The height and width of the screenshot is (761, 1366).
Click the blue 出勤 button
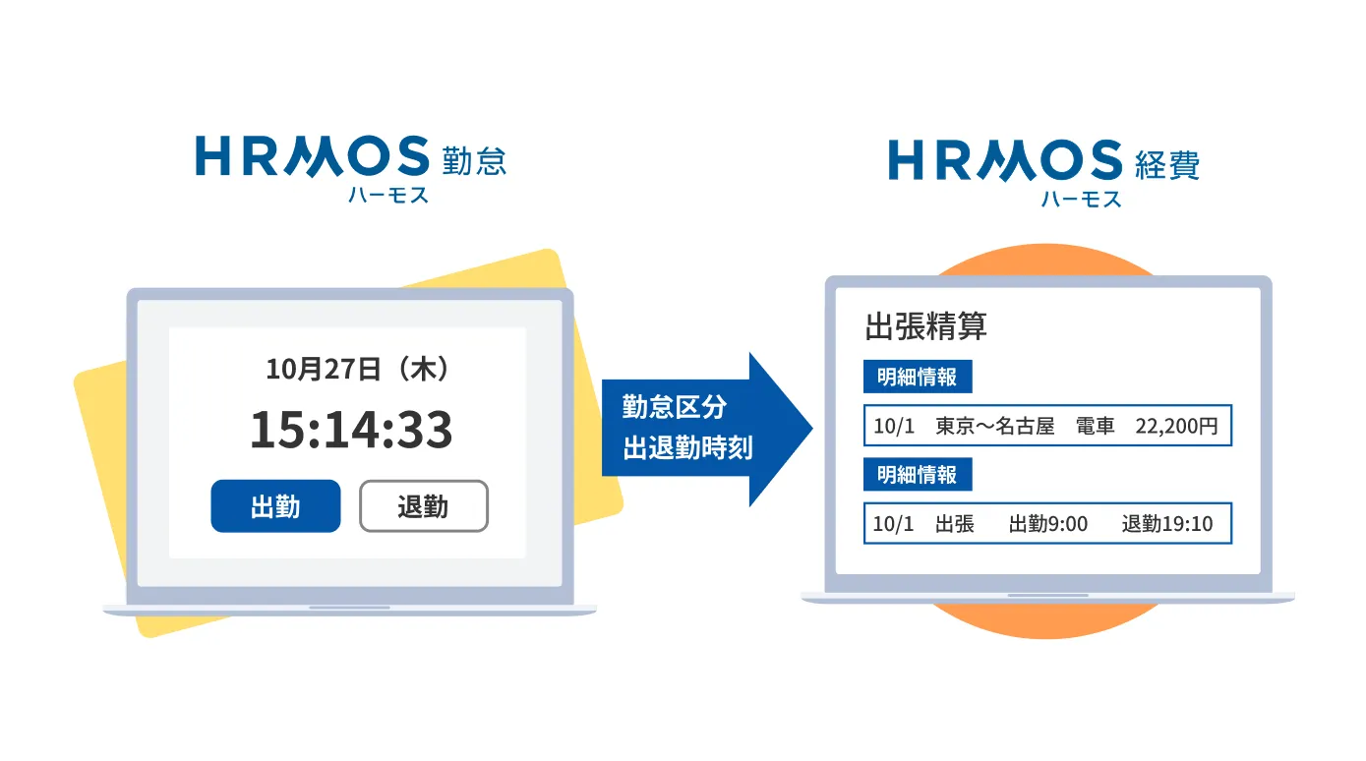275,506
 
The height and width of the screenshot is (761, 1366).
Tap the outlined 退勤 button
423,506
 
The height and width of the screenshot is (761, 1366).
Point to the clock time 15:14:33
351,430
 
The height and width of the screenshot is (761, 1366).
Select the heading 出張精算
925,325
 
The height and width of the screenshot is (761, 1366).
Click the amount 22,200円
1176,427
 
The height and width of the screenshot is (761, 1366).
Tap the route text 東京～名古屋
994,427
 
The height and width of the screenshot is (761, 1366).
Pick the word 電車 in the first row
1095,427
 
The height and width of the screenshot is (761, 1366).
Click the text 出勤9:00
1048,524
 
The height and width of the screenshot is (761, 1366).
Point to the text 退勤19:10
1167,524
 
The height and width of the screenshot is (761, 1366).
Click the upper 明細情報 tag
917,378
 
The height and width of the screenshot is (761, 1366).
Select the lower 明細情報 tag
917,475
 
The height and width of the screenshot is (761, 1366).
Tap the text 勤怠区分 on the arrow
675,406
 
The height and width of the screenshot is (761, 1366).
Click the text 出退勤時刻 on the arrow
687,449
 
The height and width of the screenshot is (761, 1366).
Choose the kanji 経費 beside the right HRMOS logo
1167,163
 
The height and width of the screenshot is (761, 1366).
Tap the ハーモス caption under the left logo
388,195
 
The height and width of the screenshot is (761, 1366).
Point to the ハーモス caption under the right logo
1081,199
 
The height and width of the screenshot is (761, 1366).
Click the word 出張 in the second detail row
954,524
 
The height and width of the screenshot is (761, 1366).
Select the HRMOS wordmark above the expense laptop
1004,161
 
